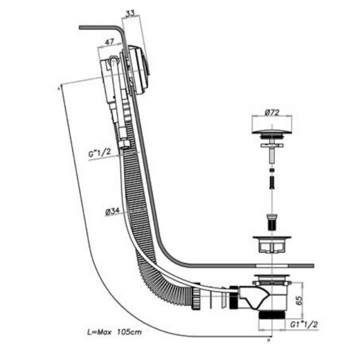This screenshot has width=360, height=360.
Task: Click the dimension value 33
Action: pyautogui.click(x=130, y=14)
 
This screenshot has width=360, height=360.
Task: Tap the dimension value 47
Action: pyautogui.click(x=109, y=42)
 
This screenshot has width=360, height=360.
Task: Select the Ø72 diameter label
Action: pyautogui.click(x=272, y=113)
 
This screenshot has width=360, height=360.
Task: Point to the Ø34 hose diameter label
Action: pyautogui.click(x=113, y=212)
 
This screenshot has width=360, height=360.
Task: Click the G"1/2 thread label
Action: pyautogui.click(x=100, y=152)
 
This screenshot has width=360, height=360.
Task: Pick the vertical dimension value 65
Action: pyautogui.click(x=299, y=300)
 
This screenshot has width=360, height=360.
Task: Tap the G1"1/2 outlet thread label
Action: pyautogui.click(x=304, y=325)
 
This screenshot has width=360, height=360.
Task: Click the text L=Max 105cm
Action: pyautogui.click(x=115, y=332)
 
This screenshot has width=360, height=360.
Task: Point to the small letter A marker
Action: pyautogui.click(x=58, y=88)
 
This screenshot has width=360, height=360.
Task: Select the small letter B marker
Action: pyautogui.click(x=269, y=340)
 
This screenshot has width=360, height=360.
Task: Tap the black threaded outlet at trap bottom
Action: pyautogui.click(x=272, y=314)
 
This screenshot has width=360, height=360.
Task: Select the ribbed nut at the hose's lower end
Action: pyautogui.click(x=196, y=295)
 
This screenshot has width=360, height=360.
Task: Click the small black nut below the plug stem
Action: pyautogui.click(x=272, y=170)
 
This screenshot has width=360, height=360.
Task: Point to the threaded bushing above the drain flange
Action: pyautogui.click(x=272, y=222)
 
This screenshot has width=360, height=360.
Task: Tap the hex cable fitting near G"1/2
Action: pyautogui.click(x=124, y=145)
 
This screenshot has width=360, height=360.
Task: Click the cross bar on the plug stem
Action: pyautogui.click(x=272, y=145)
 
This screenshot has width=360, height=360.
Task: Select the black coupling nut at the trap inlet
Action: pyautogui.click(x=234, y=297)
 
